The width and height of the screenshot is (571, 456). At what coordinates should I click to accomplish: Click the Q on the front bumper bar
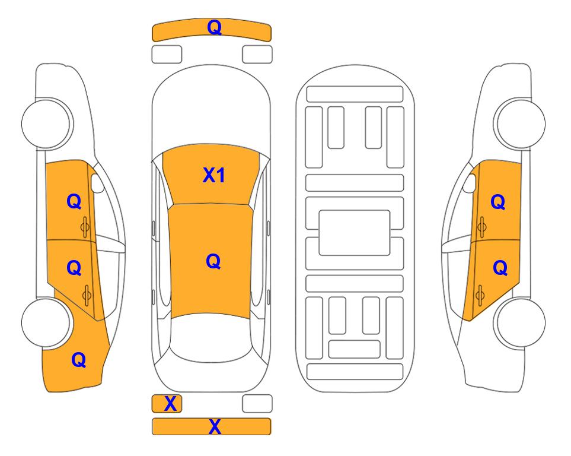coord(214,27)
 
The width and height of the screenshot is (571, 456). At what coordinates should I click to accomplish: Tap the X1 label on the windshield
coord(214,175)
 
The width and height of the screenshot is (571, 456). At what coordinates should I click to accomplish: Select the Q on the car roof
coord(213,261)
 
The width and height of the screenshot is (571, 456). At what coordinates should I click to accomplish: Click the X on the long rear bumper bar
coord(215,426)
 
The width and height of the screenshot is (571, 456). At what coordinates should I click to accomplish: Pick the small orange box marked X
coord(167,404)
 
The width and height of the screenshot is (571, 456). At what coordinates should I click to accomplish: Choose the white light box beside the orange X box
coord(257,404)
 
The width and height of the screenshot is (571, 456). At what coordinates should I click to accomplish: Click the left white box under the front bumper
coord(167,55)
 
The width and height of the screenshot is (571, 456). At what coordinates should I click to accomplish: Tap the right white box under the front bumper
coord(257,55)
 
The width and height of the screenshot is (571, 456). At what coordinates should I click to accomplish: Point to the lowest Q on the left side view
coord(79,360)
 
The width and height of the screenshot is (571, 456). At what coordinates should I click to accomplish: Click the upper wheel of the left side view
coord(46,123)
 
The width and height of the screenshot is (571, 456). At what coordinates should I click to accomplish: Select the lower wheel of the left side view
coord(46,322)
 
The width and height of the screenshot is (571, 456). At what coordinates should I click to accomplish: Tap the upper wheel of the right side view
coord(520,123)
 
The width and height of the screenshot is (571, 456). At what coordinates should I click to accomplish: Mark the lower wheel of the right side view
coord(520,322)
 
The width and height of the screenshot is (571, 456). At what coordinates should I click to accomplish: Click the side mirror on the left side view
coord(97,183)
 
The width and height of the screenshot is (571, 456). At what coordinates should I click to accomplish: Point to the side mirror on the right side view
coord(470,183)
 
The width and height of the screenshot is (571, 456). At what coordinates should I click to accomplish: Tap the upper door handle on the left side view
coord(85,227)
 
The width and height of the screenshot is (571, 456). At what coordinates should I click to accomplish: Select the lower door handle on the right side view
coord(480,296)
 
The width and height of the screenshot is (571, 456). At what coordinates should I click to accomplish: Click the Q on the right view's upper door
coord(498,202)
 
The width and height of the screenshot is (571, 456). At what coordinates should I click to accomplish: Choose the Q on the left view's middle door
coord(74,268)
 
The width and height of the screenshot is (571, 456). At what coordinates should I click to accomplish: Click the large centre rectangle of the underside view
coord(355,233)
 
